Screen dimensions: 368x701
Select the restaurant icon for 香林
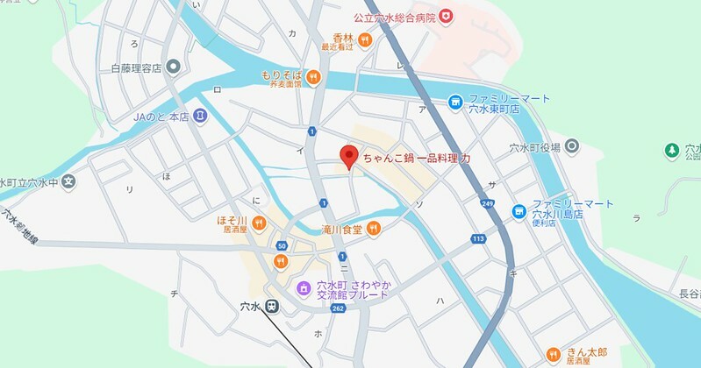(x=365, y=40)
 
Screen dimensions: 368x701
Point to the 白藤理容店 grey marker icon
(x=173, y=67)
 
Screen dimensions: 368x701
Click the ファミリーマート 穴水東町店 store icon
(x=455, y=103)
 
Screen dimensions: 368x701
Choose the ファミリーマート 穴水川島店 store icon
(x=519, y=210)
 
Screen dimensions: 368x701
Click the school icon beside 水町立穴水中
(x=69, y=182)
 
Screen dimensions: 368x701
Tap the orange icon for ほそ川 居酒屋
(x=258, y=223)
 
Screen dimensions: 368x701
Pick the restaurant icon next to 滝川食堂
(x=374, y=229)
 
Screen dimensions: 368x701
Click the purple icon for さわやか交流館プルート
(x=303, y=287)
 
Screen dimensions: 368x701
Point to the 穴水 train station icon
(x=273, y=307)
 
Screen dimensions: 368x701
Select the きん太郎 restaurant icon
(x=553, y=354)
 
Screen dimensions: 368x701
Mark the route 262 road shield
(x=337, y=308)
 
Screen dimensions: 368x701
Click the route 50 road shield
(x=281, y=245)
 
